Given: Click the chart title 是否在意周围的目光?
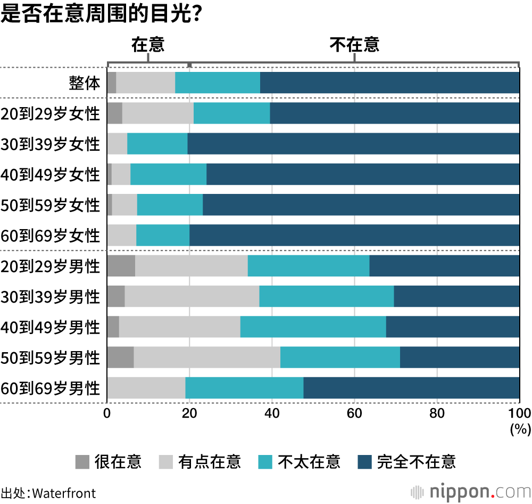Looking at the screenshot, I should click(x=101, y=13).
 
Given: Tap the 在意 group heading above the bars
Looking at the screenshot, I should click(x=148, y=45).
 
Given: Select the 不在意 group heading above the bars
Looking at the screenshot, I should click(x=354, y=45).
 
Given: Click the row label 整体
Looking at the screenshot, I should click(x=85, y=83).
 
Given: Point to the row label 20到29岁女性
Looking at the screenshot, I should click(x=51, y=113).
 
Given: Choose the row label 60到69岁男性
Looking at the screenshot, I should click(x=51, y=388).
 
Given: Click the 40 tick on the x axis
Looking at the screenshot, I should click(x=272, y=414).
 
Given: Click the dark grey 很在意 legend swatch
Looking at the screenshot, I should click(x=82, y=461).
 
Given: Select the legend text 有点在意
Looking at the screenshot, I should click(x=210, y=461).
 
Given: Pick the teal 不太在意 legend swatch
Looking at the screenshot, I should click(x=265, y=461).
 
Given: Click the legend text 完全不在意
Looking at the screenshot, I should click(x=416, y=461).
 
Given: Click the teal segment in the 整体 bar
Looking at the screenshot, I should click(x=218, y=83).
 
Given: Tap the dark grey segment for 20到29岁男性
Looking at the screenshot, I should click(x=121, y=266).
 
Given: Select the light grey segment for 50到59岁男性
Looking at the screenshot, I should click(x=207, y=357).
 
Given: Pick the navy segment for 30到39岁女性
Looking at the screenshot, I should click(x=353, y=144).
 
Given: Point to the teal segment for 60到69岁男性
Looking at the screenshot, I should click(x=244, y=388).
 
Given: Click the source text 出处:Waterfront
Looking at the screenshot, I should click(x=48, y=492).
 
